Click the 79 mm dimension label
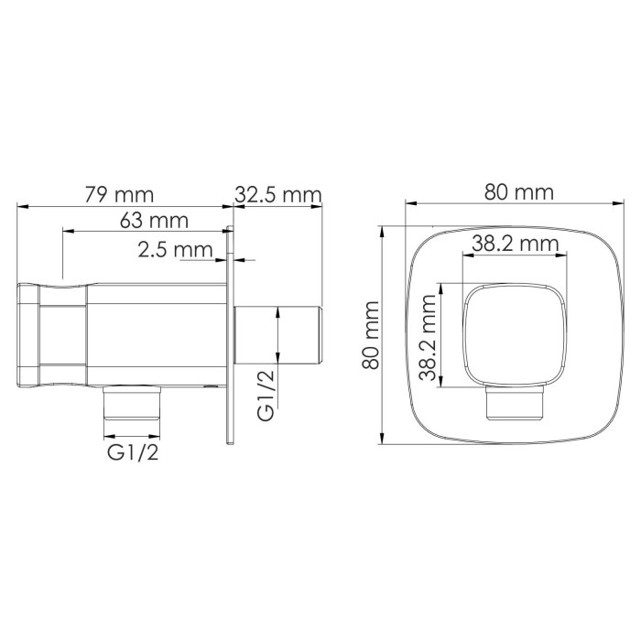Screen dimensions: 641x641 [119, 194]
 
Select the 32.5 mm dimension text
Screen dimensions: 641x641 [279, 194]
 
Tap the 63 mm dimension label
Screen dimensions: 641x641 [154, 221]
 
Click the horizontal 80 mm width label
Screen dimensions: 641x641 [519, 192]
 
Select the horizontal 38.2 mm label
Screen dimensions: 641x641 [516, 244]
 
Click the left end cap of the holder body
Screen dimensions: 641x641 [28, 335]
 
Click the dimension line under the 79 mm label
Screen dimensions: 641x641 [119, 207]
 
